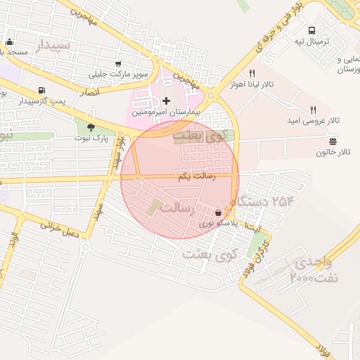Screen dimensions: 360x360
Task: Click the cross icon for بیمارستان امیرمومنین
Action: (166, 101)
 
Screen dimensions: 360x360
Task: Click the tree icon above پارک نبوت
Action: (91, 127)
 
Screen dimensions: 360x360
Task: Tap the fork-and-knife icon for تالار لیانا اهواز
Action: (251, 73)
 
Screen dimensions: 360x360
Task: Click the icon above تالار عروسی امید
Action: (314, 110)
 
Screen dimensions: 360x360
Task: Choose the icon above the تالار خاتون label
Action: (333, 141)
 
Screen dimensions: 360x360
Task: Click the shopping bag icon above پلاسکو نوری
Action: (219, 213)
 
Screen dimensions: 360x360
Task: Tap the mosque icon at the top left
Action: (9, 41)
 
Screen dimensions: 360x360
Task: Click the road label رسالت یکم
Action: (193, 177)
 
